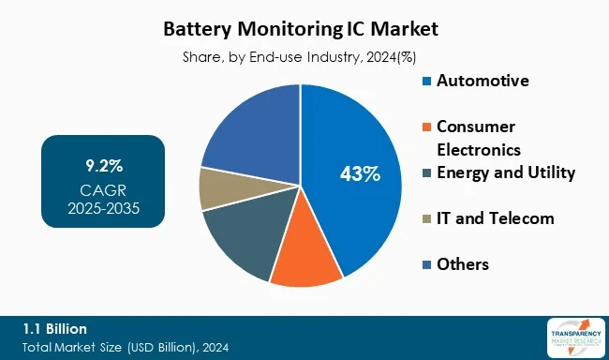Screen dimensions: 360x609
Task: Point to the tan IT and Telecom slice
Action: [x=216, y=187]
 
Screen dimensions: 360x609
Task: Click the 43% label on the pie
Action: [x=359, y=173]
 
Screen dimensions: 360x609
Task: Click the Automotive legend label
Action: [x=482, y=81]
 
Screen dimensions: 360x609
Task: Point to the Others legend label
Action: [x=463, y=264]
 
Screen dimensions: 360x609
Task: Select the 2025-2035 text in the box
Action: [x=102, y=207]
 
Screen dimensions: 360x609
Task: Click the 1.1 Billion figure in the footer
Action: [x=55, y=328]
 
